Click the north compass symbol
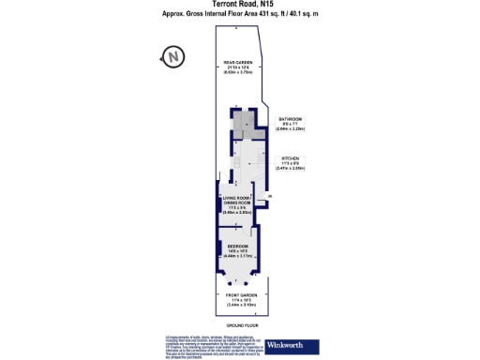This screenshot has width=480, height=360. [174, 58]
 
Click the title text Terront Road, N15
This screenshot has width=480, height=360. [240, 5]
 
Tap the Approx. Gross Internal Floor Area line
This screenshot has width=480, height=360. [240, 15]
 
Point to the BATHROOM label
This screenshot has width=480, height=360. [292, 119]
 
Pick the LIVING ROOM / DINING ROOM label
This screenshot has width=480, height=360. [236, 201]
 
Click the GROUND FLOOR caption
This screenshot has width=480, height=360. [240, 323]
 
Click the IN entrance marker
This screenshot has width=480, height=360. [269, 195]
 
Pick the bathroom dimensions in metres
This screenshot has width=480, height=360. [292, 129]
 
